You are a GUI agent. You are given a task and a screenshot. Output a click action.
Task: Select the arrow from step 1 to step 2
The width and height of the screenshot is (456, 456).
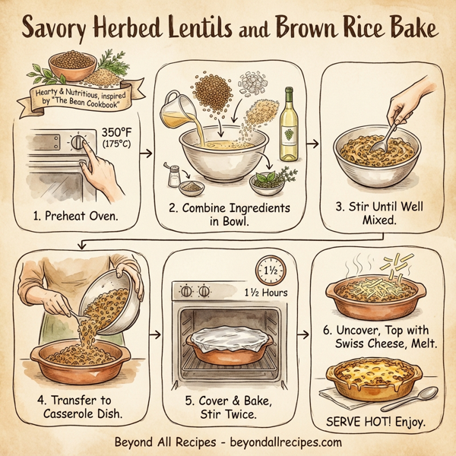click(147, 154)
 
